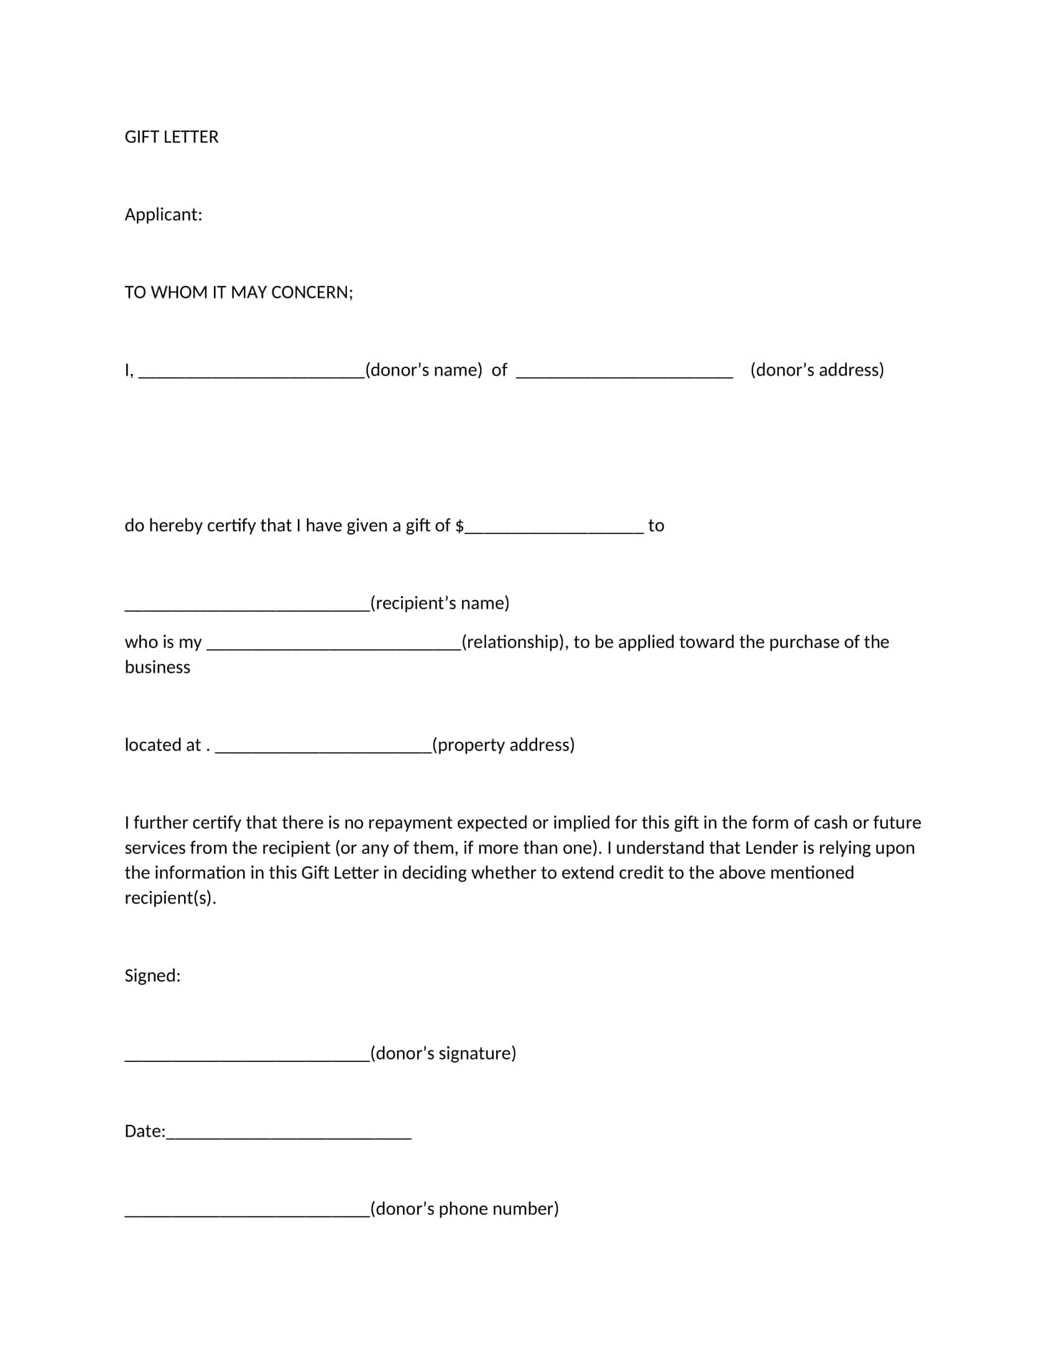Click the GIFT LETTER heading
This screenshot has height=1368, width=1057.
coord(171,137)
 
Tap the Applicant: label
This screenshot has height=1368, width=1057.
coord(163,215)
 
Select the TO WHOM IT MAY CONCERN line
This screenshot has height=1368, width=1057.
coord(239,292)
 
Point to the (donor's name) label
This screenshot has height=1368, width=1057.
coord(424,370)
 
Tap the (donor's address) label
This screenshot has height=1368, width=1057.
coord(816,370)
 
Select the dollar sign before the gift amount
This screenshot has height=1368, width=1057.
coord(459,526)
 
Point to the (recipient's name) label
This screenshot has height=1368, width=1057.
coord(440,603)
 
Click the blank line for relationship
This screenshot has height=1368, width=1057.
coord(334,645)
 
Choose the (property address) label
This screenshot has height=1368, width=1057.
coord(504,745)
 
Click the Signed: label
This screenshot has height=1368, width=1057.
coord(152,975)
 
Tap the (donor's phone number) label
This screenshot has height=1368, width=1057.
coord(464,1208)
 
